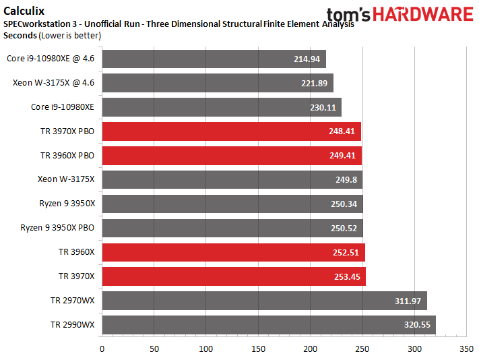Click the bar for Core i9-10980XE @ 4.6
point(213,59)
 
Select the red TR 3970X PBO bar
point(231,131)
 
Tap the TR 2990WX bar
point(268,324)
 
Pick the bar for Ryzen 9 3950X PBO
point(232,228)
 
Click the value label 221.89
point(314,83)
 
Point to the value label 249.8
point(346,180)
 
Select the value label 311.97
point(408,301)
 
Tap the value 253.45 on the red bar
point(348,276)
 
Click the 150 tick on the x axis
point(258,349)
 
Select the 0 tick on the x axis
point(102,349)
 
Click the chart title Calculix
point(22,10)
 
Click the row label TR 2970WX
point(72,300)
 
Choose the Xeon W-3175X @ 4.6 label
point(54,83)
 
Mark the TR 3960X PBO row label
point(67,156)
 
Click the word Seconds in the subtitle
point(20,34)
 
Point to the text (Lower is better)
point(70,34)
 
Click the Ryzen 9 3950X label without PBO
point(67,204)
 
